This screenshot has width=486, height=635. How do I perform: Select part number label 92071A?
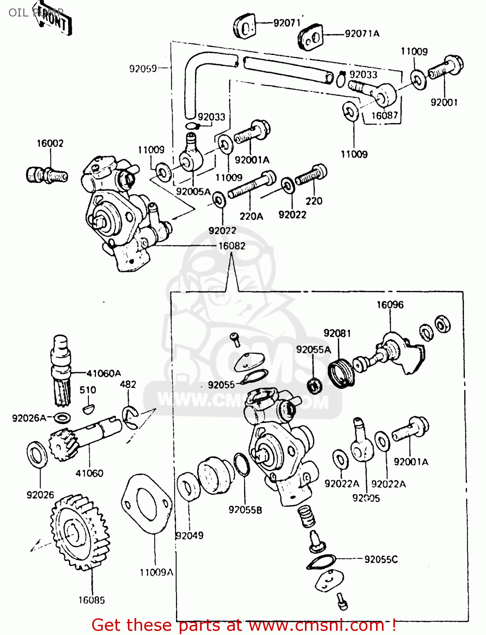point(362,34)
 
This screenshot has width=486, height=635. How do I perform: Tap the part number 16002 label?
point(50,144)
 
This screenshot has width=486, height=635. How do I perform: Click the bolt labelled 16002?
point(47,175)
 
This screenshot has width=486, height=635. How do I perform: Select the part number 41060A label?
point(104,373)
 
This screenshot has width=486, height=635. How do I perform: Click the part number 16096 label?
point(390,305)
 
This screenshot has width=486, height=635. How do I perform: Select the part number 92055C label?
point(381,560)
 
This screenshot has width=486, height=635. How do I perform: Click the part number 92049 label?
point(189,536)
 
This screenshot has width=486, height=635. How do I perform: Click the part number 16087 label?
point(384,116)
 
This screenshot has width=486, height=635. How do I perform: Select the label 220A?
point(251,216)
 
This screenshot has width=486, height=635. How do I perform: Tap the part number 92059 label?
point(143,69)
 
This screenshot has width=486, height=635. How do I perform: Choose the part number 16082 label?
point(232,246)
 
